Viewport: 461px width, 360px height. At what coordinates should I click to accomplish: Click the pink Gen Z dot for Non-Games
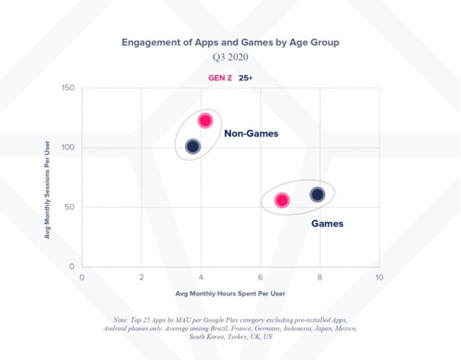pos(205,120)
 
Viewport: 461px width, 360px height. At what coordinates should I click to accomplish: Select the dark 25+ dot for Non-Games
pos(192,146)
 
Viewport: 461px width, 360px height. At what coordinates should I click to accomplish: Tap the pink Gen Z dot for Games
pos(282,200)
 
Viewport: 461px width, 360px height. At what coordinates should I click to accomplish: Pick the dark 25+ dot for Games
pos(317,194)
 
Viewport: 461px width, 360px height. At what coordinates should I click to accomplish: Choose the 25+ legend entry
pos(246,78)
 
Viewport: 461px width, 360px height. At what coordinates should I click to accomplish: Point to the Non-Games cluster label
pos(251,134)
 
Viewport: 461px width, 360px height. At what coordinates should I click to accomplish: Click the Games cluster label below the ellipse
pos(327,224)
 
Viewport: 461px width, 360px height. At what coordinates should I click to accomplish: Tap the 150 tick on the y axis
pos(68,89)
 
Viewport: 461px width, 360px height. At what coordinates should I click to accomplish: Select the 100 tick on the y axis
pos(68,148)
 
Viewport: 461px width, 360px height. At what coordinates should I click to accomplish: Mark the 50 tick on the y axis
pos(70,207)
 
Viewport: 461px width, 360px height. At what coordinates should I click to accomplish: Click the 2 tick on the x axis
pos(141,277)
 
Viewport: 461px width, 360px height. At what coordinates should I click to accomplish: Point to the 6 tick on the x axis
pos(261,277)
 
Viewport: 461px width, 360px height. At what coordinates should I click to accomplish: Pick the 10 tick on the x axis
pos(379,277)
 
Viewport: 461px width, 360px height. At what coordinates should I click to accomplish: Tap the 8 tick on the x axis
pos(320,277)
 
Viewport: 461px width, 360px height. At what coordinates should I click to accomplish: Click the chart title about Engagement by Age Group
pos(230,42)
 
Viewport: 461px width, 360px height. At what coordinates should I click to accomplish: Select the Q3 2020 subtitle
pos(230,58)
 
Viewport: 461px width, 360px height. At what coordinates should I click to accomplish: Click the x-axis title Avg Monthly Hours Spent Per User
pos(230,293)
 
